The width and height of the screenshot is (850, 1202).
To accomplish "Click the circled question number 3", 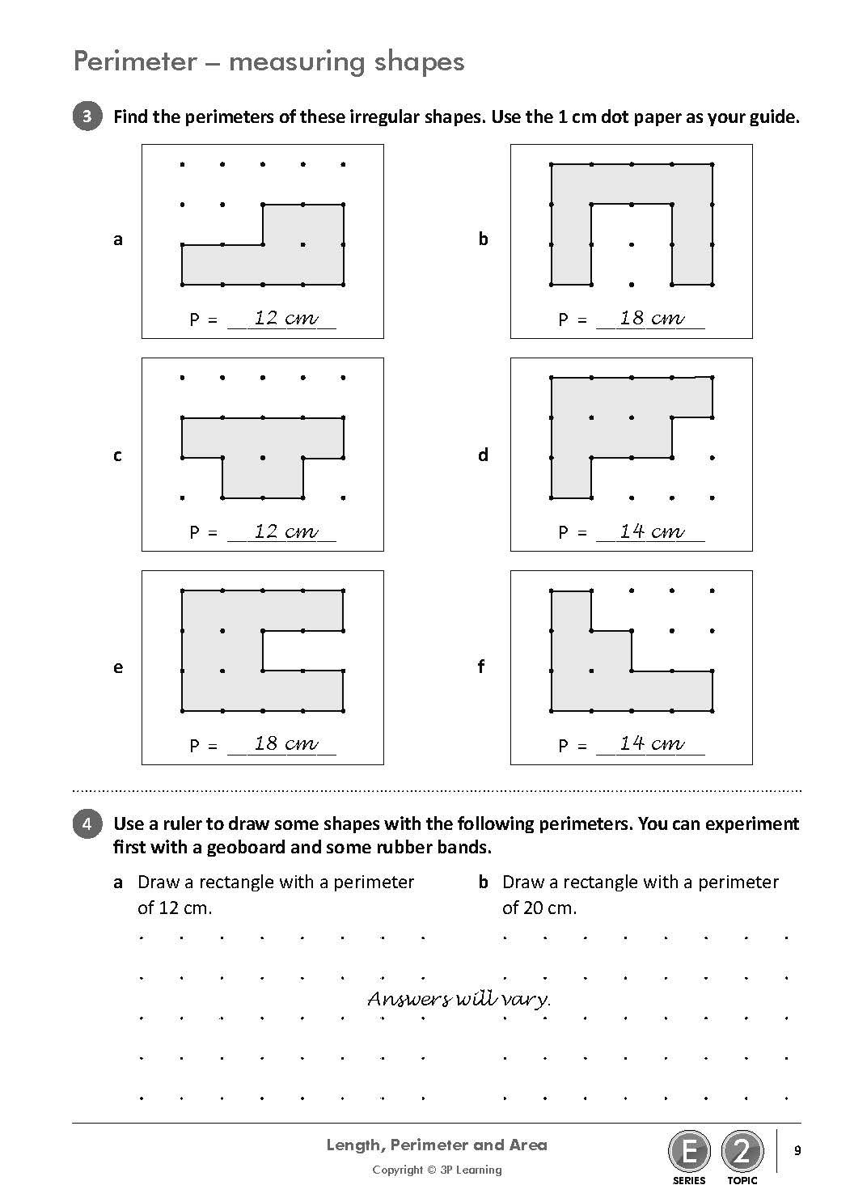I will coord(87,116).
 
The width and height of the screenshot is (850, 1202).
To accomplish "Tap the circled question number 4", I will coord(87,824).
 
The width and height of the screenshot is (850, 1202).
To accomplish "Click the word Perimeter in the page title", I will coord(134,61).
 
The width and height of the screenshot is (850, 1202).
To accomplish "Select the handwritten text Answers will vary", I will coord(459,999).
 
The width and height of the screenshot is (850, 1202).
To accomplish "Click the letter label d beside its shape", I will coord(483,455).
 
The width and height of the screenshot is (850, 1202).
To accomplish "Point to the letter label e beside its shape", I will coord(118,667).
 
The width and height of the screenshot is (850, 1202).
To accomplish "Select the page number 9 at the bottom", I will coord(797,1150).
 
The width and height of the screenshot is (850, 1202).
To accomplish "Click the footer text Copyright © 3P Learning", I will coord(437,1170).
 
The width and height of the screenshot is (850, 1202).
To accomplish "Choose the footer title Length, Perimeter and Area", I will coord(437,1145).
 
